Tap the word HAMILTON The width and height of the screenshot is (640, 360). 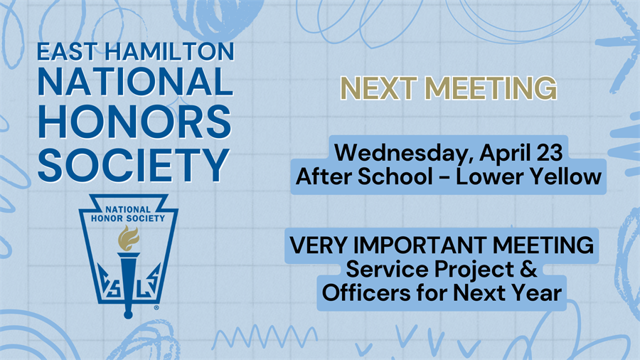click(169, 51)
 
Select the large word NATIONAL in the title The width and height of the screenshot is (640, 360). click(135, 82)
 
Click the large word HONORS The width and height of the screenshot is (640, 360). click(134, 122)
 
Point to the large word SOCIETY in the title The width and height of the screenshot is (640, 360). click(134, 165)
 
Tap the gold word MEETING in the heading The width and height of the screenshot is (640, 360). click(491, 88)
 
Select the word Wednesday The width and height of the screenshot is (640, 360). click(405, 153)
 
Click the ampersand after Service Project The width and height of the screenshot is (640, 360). click(529, 269)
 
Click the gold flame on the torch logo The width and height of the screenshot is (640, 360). click(128, 238)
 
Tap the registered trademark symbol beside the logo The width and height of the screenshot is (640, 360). click(156, 308)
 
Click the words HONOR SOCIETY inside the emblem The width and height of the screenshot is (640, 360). click(128, 219)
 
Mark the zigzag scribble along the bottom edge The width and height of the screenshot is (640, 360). click(264, 338)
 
